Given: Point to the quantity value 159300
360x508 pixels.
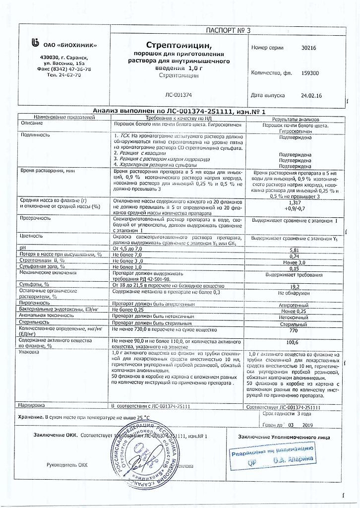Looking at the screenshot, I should pyautogui.click(x=310, y=73).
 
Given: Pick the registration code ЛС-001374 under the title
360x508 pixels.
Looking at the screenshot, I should pyautogui.click(x=178, y=95).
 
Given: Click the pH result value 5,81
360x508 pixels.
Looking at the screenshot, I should pyautogui.click(x=295, y=251).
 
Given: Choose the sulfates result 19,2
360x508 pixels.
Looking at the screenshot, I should pyautogui.click(x=295, y=286).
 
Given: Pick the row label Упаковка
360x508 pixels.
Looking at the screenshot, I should pyautogui.click(x=29, y=352).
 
